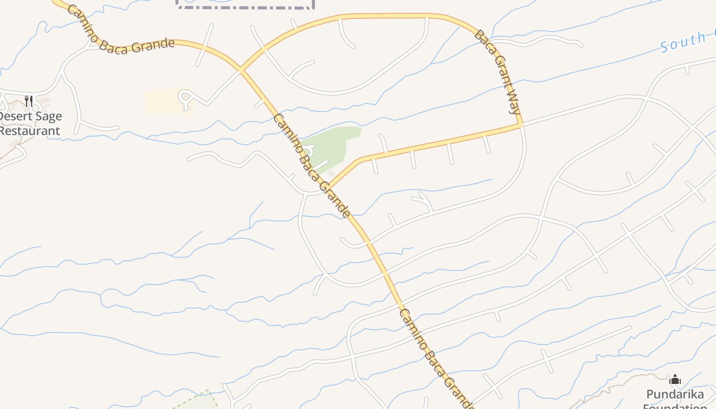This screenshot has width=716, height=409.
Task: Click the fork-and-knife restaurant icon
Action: pyautogui.click(x=29, y=101)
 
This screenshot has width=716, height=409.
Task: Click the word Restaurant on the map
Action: pyautogui.click(x=30, y=131)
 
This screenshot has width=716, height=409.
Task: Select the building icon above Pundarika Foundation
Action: pyautogui.click(x=675, y=379)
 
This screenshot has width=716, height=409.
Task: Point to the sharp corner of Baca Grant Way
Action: pyautogui.click(x=520, y=124)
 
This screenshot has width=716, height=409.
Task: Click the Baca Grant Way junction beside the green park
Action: pyautogui.click(x=329, y=186)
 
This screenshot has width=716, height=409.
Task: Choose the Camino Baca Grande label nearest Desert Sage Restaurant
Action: pyautogui.click(x=120, y=32)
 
